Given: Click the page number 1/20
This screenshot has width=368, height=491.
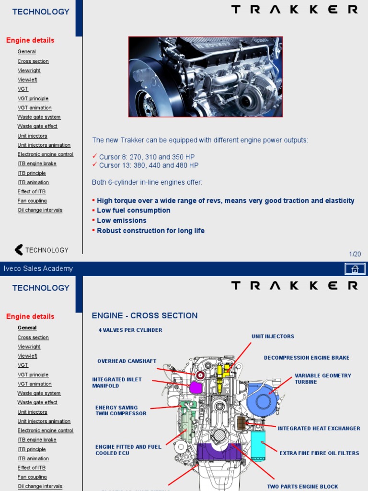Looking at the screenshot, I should point(355,254).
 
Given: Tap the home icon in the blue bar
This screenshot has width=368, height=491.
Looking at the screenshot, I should point(355,269).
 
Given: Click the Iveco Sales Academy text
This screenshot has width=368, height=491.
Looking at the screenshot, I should point(38,269).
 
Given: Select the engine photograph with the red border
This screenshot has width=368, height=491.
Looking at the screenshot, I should point(205,77).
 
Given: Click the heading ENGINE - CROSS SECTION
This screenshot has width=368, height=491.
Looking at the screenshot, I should point(144,316).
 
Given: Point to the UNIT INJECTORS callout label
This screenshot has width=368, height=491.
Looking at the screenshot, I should point(273,337).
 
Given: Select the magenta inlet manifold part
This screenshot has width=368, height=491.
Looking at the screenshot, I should point(196,387).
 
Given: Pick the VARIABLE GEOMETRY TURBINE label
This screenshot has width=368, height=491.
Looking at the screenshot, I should point(322,379).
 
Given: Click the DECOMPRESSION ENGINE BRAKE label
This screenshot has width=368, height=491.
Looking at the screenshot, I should point(307,358).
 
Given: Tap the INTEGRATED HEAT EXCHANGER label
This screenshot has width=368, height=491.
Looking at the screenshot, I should point(319,429).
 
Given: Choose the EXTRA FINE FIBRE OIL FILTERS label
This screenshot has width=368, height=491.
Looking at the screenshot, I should point(319,453).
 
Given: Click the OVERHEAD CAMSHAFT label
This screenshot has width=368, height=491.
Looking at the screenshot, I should point(126,362).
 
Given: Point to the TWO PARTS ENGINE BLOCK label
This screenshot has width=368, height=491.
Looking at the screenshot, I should point(302,487).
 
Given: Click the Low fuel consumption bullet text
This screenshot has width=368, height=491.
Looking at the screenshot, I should point(133,210).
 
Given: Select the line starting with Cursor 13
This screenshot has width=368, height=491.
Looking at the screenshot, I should point(149,165).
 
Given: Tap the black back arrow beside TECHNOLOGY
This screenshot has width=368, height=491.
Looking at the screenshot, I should point(19,250).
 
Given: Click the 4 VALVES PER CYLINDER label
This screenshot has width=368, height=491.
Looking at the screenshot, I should point(130,330).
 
